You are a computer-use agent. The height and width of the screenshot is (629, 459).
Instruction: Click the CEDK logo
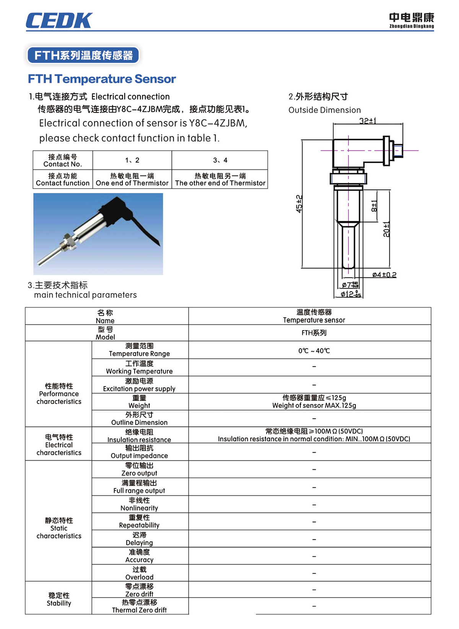point(59,21)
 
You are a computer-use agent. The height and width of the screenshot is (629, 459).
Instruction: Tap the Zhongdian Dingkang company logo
point(412,20)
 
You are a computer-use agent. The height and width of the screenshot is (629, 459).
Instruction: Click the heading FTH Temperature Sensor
point(102,79)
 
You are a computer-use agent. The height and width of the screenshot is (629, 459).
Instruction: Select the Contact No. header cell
point(63,160)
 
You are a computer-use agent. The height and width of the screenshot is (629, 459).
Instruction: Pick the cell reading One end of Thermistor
point(132,179)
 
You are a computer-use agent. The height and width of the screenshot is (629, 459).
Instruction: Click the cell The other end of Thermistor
point(220,179)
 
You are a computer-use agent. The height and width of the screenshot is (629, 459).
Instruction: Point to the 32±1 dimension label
point(368,121)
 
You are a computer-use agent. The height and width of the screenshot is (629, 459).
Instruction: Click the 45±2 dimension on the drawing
point(299,204)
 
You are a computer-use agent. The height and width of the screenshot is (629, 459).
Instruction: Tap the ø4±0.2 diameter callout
point(384,275)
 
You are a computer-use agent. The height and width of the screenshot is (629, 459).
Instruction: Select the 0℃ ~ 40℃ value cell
point(314,350)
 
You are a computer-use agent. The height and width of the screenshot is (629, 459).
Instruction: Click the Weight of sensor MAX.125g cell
point(314,402)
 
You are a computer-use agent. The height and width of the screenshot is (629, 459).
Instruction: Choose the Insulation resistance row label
point(139,436)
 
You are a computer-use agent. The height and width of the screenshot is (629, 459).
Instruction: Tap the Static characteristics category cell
point(59,528)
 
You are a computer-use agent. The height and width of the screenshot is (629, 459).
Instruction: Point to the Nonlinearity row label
point(139,504)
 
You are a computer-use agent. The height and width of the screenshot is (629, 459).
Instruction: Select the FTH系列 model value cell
point(314,333)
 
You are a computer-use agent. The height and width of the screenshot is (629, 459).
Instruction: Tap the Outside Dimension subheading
point(324,110)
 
